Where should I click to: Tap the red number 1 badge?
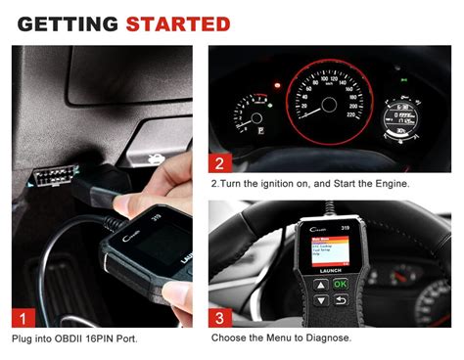23,316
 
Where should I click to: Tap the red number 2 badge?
222,163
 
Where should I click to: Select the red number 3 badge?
222,316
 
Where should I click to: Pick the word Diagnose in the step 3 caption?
324,338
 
